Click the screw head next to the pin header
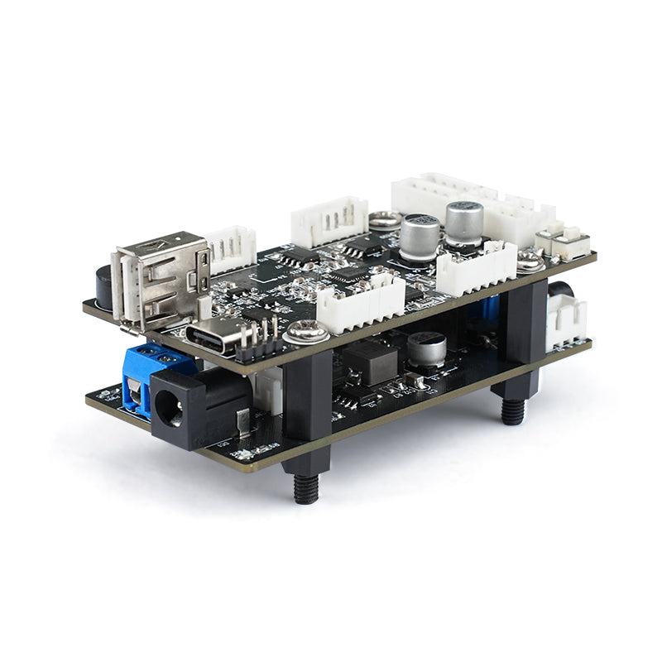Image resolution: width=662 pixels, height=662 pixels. coord(306,333)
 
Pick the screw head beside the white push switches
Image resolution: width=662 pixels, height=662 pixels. coord(530,262)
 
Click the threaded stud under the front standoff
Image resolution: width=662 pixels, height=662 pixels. coord(307,487)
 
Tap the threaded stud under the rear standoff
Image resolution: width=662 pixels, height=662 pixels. coord(512,410)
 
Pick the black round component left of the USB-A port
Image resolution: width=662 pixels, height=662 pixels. coord(104,286)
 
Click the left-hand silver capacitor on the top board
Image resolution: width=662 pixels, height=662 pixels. coord(420,235)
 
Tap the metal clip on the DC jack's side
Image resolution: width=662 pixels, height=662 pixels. coord(242,424)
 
